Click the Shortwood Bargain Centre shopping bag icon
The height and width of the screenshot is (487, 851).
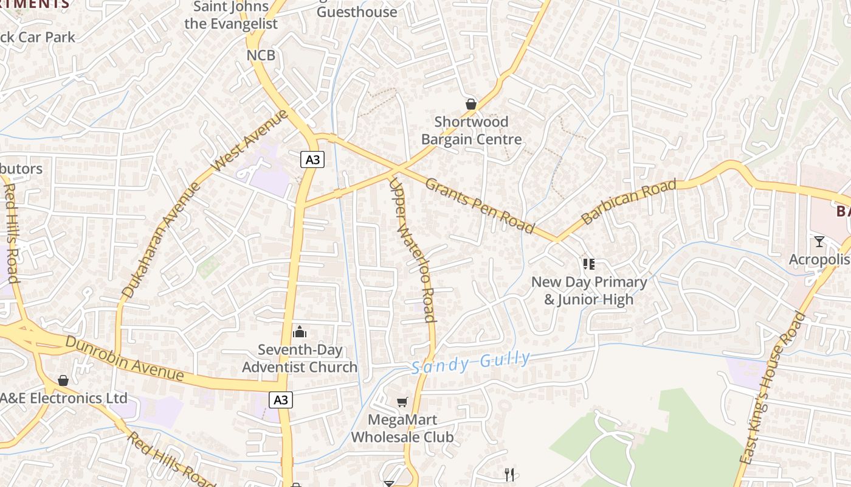tap(470, 104)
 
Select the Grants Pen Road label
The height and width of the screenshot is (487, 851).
tap(479, 206)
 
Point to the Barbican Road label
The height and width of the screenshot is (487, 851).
tap(629, 201)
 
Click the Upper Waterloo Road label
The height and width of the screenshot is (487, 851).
tap(413, 250)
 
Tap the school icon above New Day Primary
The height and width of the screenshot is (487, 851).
tap(588, 264)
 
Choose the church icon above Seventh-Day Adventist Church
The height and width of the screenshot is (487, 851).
tap(300, 332)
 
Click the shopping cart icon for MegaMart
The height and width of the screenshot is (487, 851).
tap(402, 402)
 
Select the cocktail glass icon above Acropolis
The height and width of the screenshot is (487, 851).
tap(819, 242)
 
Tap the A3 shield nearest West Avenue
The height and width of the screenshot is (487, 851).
tap(312, 160)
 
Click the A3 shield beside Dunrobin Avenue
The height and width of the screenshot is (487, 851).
tap(280, 400)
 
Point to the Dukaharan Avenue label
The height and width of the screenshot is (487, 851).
tap(160, 240)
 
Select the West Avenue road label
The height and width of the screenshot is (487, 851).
tap(250, 141)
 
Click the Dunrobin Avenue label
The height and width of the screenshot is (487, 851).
tap(124, 359)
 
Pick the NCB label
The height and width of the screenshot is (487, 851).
tap(261, 55)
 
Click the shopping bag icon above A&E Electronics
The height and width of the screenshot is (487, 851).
tap(63, 380)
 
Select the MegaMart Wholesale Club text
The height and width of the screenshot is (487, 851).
tap(402, 429)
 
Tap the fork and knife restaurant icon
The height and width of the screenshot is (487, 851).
tap(509, 474)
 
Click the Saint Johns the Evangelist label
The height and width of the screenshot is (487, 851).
tap(230, 15)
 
